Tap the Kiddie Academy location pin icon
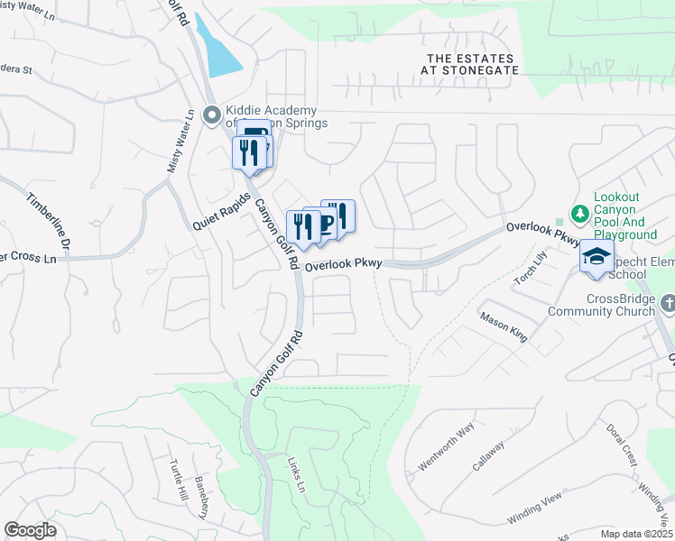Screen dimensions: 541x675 212,115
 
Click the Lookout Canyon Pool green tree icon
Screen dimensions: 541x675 579,214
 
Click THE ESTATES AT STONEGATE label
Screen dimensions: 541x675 472,63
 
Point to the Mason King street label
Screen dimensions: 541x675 504,327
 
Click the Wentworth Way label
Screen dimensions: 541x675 446,447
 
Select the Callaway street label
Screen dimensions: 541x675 488,456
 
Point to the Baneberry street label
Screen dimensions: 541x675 202,496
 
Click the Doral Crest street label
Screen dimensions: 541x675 622,443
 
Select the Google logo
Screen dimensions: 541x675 31,530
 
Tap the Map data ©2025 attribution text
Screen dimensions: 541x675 635,534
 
